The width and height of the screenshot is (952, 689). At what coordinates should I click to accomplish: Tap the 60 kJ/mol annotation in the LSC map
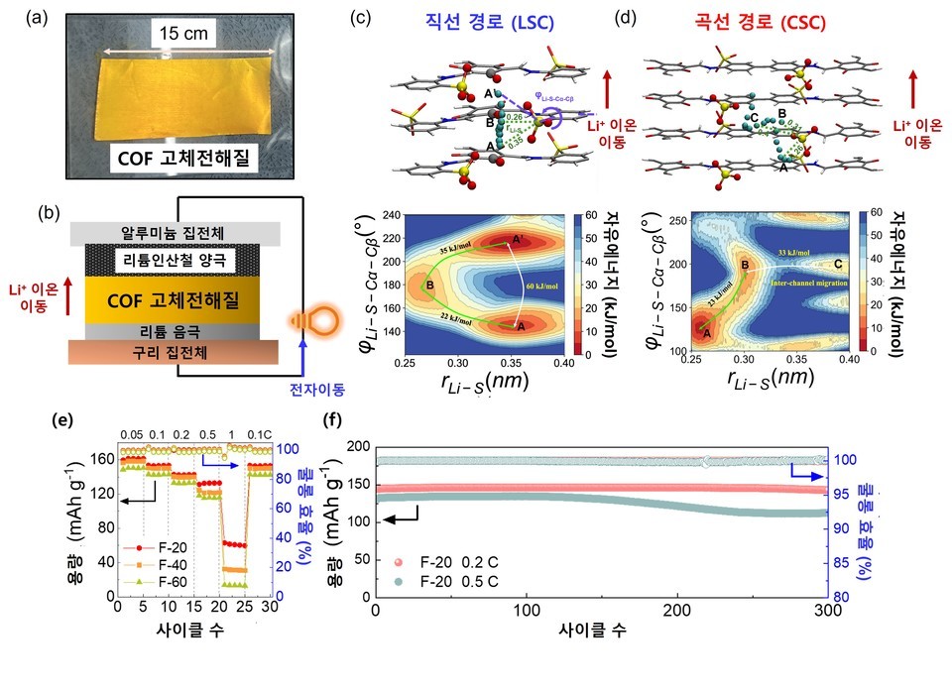click(x=530, y=288)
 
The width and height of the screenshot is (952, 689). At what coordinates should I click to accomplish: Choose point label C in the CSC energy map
click(x=839, y=264)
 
